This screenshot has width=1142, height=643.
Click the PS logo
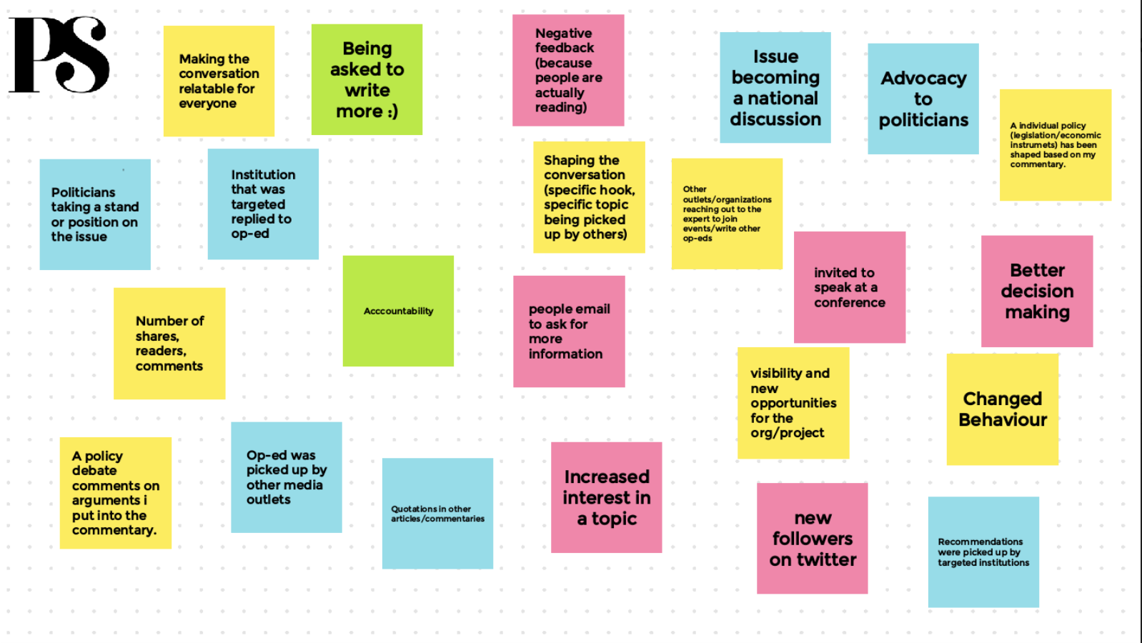59,55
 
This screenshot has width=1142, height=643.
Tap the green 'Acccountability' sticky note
398,311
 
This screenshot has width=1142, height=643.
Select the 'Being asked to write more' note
367,79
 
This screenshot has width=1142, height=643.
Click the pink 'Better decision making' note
1037,291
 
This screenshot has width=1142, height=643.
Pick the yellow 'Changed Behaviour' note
1002,409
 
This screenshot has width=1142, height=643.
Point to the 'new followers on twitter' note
813,538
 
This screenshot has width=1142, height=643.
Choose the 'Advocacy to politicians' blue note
923,99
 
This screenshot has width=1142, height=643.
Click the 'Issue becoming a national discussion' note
775,87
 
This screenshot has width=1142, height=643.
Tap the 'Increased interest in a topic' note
607,497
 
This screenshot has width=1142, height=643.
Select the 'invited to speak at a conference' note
850,287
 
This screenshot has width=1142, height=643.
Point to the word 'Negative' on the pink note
564,33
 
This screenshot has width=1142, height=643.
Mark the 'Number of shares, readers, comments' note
169,344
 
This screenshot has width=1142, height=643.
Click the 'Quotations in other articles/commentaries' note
437,514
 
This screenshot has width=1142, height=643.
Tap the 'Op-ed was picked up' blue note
286,477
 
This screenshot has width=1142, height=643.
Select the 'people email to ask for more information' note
569,332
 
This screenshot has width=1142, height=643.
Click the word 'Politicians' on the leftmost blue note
83,192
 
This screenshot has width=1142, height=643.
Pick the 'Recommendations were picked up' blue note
983,552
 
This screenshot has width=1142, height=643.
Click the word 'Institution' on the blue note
263,174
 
